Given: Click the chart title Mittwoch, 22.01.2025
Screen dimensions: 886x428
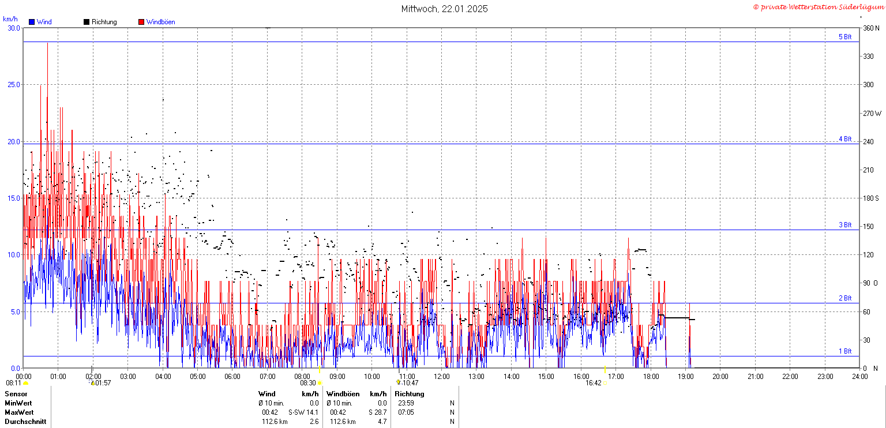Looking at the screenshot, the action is click(x=444, y=9).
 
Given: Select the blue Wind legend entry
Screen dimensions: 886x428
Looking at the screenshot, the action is click(x=40, y=22).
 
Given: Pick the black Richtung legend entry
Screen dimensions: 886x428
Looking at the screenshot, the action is click(x=100, y=22).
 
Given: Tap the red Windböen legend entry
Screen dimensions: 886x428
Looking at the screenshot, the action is click(x=157, y=22).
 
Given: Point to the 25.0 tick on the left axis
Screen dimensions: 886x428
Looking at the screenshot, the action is click(x=14, y=85).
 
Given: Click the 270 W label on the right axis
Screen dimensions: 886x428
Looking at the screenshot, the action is click(x=872, y=113).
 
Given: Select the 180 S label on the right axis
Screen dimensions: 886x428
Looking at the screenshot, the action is click(x=871, y=198).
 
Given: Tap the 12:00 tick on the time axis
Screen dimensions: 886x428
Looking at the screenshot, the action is click(x=441, y=377).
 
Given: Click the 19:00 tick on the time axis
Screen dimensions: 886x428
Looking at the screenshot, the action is click(x=685, y=377).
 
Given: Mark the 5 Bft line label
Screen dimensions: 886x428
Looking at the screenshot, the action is click(x=845, y=37).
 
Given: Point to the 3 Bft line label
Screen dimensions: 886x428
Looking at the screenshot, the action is click(x=845, y=225).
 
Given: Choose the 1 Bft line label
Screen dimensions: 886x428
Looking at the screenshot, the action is click(x=845, y=351).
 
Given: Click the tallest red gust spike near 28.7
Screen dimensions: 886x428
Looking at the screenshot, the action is click(x=47, y=43).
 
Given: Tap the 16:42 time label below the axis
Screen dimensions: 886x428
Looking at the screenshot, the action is click(x=594, y=383).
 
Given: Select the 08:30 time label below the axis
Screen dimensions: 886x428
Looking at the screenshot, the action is click(x=307, y=383).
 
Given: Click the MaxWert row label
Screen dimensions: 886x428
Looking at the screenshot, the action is click(x=19, y=412).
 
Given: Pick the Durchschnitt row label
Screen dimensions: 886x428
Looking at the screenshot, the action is click(x=25, y=422).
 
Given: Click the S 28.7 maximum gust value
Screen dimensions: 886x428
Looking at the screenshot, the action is click(x=378, y=412).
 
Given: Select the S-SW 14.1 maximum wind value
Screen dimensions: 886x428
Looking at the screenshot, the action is click(x=303, y=412).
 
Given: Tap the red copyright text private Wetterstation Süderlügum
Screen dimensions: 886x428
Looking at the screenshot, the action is click(x=819, y=7).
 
